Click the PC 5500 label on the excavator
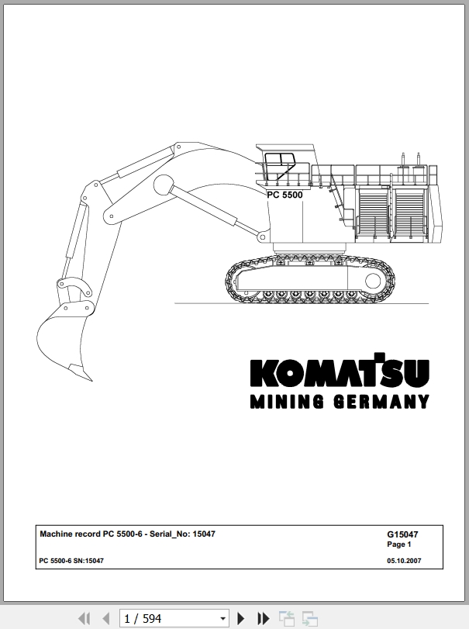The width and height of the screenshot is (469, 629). (x=285, y=195)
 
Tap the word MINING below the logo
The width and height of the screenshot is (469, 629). (x=287, y=402)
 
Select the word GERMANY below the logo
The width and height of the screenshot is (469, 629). (x=381, y=402)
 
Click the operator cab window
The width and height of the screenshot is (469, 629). (x=279, y=166)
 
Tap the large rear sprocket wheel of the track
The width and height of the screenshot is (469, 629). (x=373, y=281)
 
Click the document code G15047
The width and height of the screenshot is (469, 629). (x=402, y=534)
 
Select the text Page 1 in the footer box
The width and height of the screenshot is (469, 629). (x=399, y=544)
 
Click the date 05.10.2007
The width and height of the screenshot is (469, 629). (x=404, y=561)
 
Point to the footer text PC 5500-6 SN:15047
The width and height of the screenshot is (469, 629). (x=71, y=561)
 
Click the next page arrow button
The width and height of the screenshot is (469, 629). (x=240, y=618)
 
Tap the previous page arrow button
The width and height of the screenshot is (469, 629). (x=106, y=618)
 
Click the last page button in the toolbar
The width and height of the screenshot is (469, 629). (x=263, y=618)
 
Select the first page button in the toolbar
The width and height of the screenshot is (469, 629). (x=84, y=618)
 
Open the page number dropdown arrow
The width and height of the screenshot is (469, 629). (x=223, y=619)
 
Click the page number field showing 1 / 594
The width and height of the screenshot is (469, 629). (x=169, y=619)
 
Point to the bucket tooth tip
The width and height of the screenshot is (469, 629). (x=91, y=381)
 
